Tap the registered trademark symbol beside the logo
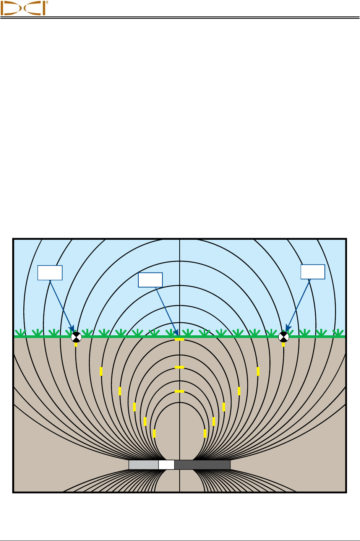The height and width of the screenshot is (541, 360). [47, 2]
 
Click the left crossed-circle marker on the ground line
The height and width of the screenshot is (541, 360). [76, 337]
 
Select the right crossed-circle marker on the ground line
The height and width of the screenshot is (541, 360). [283, 337]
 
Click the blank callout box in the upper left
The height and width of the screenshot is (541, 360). [50, 273]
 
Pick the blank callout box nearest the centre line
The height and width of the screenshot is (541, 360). [150, 280]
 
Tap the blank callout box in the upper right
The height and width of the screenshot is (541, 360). [313, 272]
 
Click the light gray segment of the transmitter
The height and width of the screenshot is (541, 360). [143, 465]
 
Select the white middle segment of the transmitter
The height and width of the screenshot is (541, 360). [166, 465]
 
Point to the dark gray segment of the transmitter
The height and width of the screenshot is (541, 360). [202, 465]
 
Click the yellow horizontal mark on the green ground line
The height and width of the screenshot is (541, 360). [179, 340]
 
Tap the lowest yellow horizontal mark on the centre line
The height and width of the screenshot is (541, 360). [179, 392]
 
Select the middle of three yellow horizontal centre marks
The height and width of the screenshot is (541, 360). [179, 367]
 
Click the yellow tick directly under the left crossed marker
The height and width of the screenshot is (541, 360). [76, 344]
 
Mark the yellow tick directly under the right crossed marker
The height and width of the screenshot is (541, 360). [283, 344]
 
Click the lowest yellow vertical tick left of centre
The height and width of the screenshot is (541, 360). [154, 434]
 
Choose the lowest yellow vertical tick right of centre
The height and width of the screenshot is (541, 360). [205, 434]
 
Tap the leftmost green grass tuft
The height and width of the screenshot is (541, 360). [20, 333]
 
